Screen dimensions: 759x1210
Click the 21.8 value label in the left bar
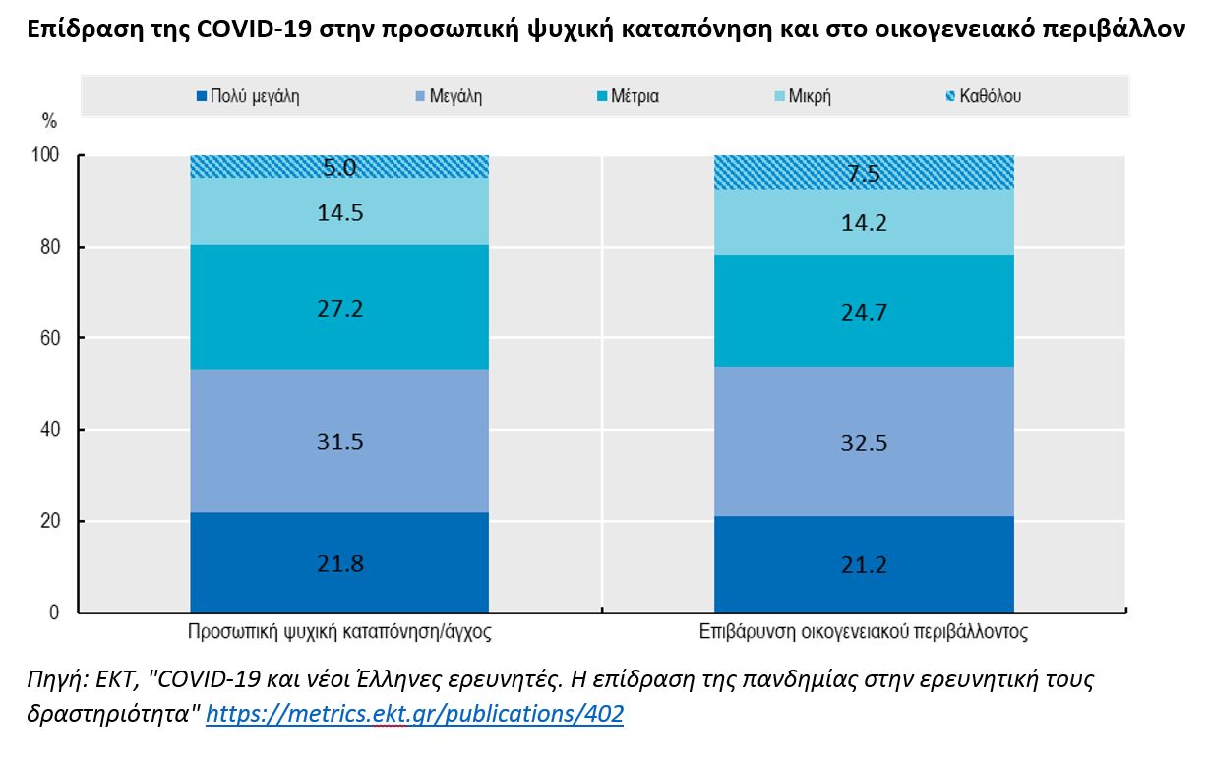[x=339, y=564]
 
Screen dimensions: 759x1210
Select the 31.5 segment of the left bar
[x=339, y=441]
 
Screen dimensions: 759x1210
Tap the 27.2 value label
[x=339, y=309]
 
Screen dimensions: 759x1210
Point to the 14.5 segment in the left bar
[x=339, y=211]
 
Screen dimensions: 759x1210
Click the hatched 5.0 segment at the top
[x=339, y=167]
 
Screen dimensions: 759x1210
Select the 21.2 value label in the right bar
[x=864, y=564]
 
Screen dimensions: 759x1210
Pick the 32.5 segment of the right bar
[x=864, y=441]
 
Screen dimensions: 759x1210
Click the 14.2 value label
[x=864, y=223]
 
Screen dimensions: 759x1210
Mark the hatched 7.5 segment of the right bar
[x=864, y=173]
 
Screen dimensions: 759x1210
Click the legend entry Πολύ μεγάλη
[x=247, y=96]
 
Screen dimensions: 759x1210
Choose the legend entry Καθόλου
[x=983, y=96]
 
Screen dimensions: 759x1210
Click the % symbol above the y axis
[x=49, y=121]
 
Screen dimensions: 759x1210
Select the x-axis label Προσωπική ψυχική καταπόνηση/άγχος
[x=339, y=632]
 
